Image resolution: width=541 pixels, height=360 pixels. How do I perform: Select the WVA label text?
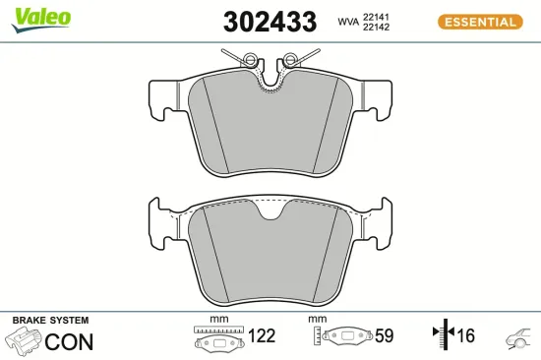(347, 21)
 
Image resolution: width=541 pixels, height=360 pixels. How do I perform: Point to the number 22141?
(379, 15)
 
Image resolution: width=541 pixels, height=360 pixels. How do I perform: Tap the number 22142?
(379, 28)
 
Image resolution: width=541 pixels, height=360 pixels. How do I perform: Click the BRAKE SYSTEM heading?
(49, 321)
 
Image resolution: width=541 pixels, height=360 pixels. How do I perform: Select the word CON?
(70, 341)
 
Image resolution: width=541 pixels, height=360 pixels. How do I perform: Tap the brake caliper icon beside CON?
(24, 341)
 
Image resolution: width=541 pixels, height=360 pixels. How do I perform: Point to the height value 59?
(384, 336)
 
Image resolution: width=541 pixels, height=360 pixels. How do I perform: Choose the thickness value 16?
(464, 336)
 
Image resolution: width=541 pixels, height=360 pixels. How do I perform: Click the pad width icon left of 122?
(218, 338)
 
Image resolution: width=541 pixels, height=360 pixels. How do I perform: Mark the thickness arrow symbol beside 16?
(442, 336)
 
